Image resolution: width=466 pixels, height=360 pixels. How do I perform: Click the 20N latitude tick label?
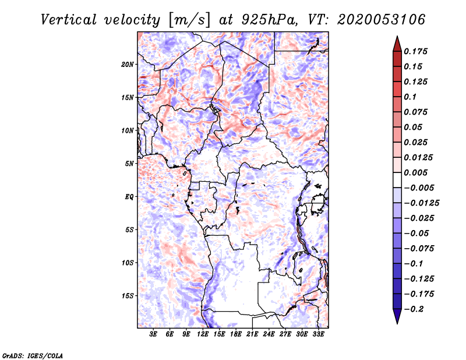(128, 64)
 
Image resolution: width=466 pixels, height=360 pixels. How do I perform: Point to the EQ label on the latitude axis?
(129, 196)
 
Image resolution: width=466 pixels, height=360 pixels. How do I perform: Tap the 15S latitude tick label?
(128, 295)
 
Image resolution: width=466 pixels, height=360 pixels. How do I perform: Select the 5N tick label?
(129, 164)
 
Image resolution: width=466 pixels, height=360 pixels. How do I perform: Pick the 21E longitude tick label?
(252, 334)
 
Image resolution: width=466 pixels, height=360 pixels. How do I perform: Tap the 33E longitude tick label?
(318, 334)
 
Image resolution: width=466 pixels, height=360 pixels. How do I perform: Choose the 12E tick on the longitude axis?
(203, 334)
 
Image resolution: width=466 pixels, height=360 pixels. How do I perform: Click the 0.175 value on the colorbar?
(416, 51)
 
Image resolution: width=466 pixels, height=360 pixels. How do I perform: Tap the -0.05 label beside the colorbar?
(418, 233)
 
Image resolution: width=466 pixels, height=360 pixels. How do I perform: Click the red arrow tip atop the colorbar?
(396, 42)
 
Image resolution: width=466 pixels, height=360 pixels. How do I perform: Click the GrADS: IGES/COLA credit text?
(32, 355)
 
